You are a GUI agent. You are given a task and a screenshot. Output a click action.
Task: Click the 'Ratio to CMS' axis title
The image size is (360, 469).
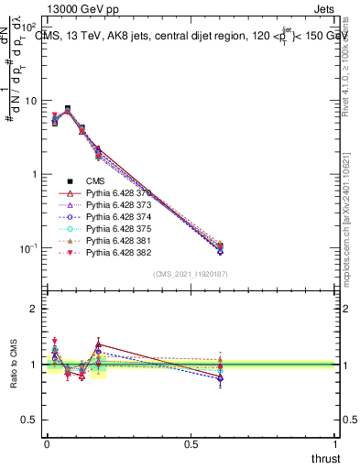click(x=13, y=365)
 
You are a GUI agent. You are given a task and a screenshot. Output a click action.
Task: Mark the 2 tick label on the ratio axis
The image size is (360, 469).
click(x=33, y=309)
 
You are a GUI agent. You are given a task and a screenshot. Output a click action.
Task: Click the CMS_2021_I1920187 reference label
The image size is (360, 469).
click(x=191, y=274)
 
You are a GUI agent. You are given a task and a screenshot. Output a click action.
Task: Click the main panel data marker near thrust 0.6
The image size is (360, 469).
click(x=220, y=246)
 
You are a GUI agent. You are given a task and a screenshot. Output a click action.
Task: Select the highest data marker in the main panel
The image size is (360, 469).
click(x=67, y=109)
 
